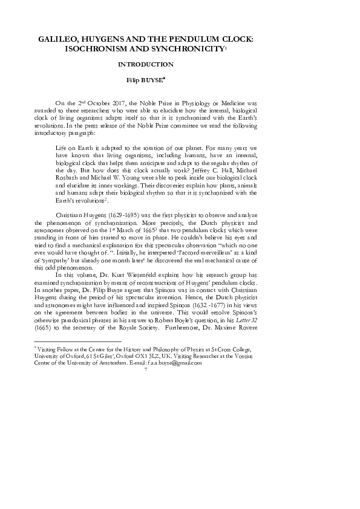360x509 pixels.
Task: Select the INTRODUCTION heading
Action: [x=146, y=63]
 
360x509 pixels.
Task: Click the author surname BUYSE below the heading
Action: [x=153, y=79]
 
